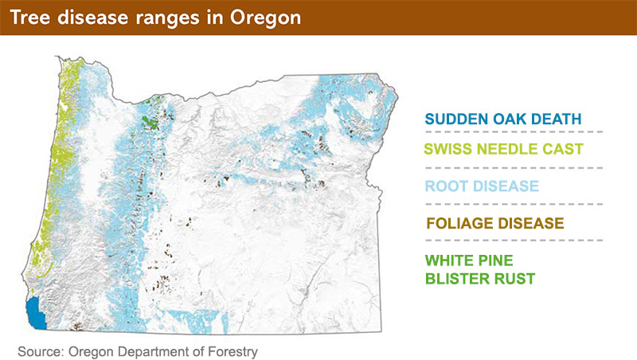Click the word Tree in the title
[30, 18]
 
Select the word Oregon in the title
[266, 18]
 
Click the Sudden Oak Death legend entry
[503, 119]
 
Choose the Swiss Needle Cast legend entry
[504, 149]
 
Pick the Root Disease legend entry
[482, 186]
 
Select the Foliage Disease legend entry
[495, 223]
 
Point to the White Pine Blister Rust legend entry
[480, 269]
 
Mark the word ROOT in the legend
[444, 186]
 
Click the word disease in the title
[93, 18]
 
